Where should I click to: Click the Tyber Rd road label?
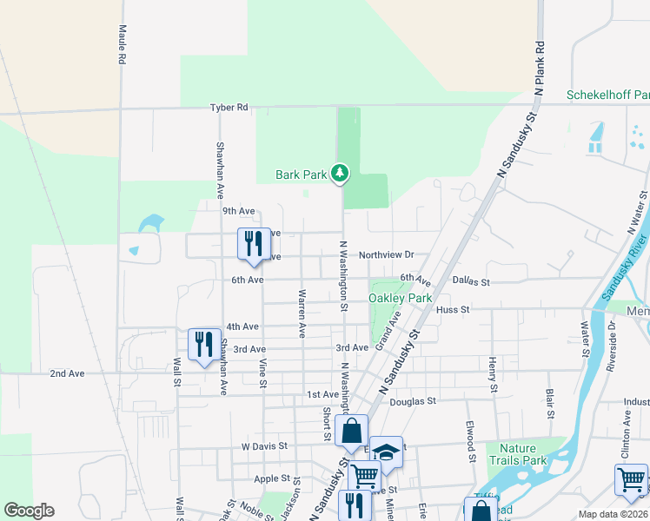(229, 108)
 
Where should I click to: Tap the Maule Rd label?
(123, 44)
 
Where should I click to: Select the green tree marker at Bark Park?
(340, 175)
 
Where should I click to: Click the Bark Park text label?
(302, 175)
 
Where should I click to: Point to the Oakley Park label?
(401, 298)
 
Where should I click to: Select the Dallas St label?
(472, 282)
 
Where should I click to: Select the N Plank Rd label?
(540, 68)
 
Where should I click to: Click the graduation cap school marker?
(387, 452)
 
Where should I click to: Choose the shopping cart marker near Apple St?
(364, 476)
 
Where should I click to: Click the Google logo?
(29, 511)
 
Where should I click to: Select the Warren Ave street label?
(302, 313)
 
